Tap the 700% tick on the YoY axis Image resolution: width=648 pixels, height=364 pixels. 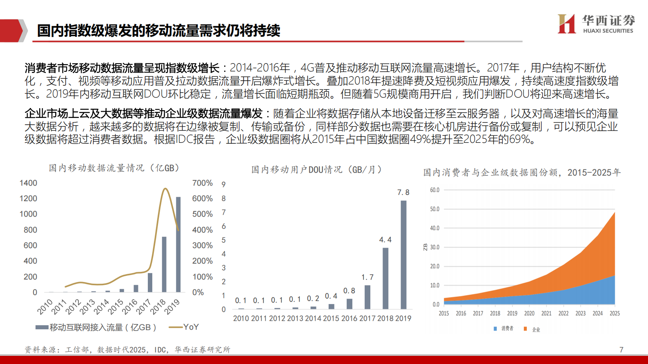202,183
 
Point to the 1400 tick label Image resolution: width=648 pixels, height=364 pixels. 28,183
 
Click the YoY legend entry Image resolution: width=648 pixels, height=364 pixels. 184,327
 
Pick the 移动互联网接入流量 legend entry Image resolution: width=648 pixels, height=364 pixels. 96,327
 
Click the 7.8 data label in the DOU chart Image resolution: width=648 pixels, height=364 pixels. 403,192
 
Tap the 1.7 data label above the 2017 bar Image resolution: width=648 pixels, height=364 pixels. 367,277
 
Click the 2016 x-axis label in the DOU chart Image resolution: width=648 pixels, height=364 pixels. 349,318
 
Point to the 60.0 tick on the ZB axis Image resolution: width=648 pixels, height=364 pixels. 434,190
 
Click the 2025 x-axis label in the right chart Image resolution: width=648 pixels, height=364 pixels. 615,313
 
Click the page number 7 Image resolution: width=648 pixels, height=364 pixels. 621,350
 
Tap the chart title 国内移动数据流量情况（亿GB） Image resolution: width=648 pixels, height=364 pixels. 114,168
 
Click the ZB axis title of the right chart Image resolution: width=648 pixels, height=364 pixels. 425,247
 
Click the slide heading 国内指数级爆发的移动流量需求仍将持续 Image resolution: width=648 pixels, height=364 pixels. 158,31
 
